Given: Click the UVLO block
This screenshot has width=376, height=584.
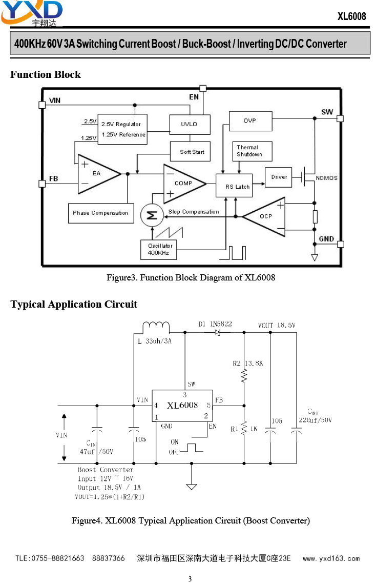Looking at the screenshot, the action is [190, 124].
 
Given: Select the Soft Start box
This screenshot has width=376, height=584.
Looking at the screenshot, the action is [190, 151].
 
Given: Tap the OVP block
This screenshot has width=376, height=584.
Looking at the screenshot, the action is [250, 120].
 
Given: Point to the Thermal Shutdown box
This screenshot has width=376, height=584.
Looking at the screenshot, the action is [252, 151].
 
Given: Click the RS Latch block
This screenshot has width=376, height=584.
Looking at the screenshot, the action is [234, 186].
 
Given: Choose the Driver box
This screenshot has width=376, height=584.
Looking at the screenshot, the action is [279, 177].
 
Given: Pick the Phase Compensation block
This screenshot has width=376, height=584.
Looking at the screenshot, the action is [101, 213].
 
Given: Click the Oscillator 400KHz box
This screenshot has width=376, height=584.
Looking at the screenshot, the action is [159, 250].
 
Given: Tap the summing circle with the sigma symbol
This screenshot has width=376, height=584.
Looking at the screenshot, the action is [152, 215].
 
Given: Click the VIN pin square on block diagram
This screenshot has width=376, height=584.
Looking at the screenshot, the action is [42, 105].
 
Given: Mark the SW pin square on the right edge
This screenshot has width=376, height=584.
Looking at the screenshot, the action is [340, 118].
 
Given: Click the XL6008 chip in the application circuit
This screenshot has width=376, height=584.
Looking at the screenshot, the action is [182, 406].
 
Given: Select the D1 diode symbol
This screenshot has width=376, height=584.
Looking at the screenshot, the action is [218, 332].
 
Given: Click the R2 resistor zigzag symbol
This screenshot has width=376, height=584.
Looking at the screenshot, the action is [244, 375].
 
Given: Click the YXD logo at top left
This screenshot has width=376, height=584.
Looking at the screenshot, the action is [32, 13].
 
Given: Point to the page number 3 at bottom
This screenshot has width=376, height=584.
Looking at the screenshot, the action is [190, 579].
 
